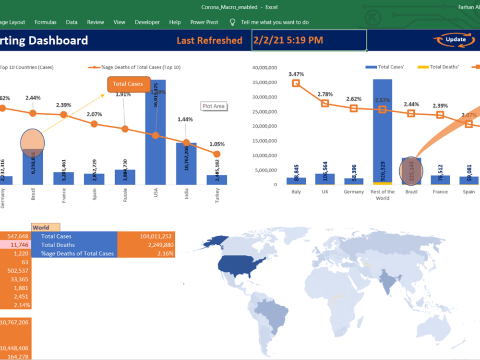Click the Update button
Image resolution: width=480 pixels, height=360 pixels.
(x=456, y=39)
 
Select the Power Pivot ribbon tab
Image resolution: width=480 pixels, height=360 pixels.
(x=204, y=22)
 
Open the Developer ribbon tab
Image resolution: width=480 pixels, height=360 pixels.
(x=147, y=22)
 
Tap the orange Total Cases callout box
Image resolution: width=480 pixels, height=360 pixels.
(x=128, y=84)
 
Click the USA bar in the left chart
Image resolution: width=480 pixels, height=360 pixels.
(x=156, y=132)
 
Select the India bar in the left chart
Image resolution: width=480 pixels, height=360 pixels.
(x=186, y=163)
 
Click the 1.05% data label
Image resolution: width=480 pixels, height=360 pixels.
(x=216, y=144)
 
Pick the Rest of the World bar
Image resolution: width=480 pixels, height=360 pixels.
(x=382, y=130)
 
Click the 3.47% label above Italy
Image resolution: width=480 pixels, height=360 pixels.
(x=296, y=74)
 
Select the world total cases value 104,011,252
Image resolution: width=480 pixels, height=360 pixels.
(x=146, y=236)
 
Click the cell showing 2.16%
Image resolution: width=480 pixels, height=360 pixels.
(x=146, y=253)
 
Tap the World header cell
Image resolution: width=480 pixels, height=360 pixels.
(x=46, y=228)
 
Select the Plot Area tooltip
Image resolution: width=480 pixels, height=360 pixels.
(x=213, y=106)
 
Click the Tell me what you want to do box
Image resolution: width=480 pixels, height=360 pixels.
(x=275, y=22)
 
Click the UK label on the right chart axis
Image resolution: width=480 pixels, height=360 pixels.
(x=325, y=192)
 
